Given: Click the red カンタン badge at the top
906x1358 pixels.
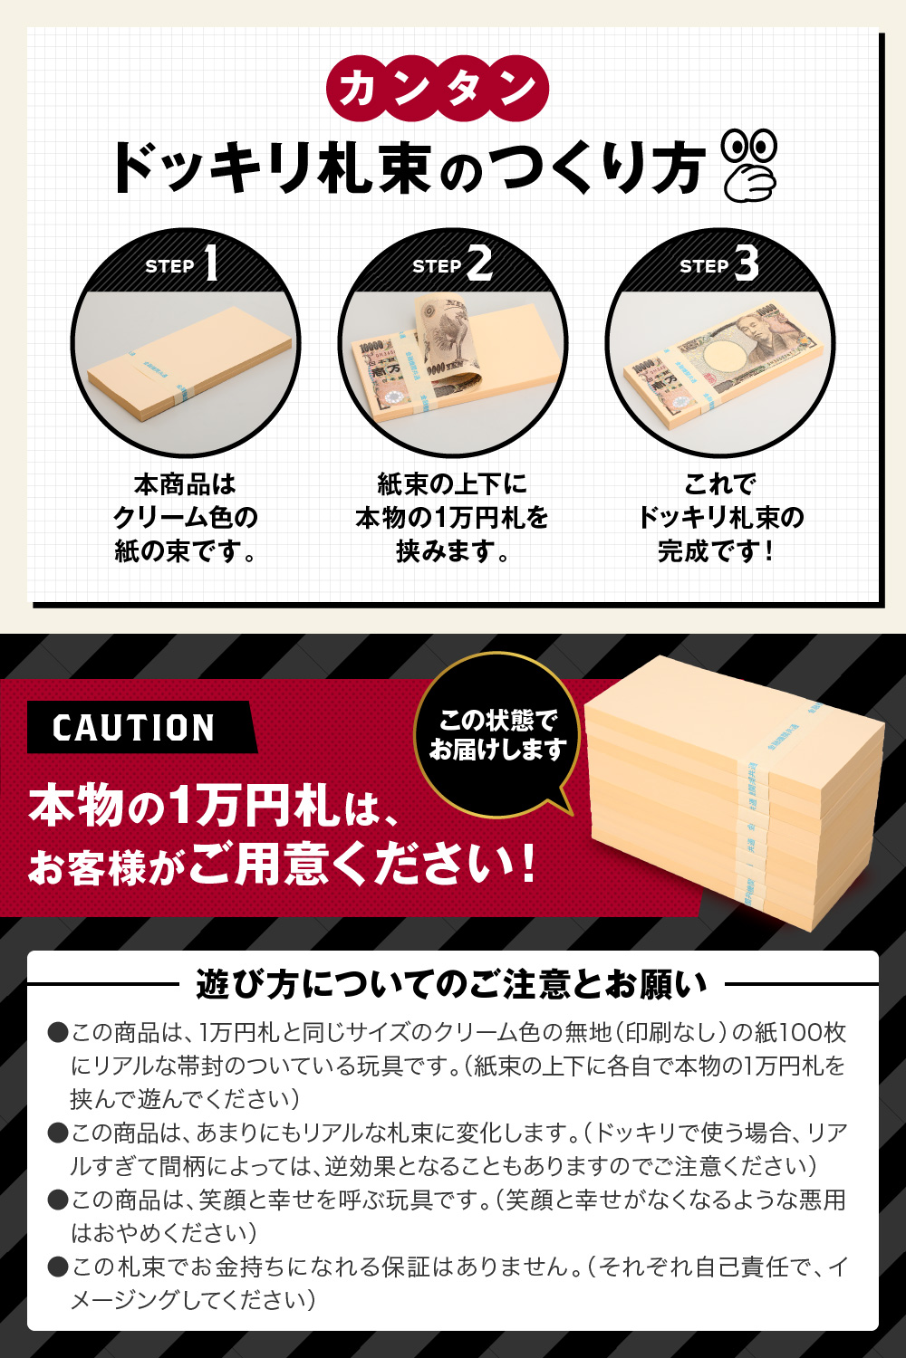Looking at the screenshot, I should [438, 89].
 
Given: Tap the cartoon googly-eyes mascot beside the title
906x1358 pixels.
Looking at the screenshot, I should [749, 164].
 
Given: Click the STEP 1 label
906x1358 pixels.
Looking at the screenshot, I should [182, 264].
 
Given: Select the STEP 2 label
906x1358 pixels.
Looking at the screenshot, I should [451, 264].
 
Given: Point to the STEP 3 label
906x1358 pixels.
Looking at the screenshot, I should [718, 264].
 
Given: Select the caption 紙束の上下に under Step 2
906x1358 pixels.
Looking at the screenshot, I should [451, 484].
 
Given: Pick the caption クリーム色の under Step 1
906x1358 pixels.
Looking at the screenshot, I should [186, 517].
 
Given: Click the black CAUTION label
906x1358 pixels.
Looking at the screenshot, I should [134, 728].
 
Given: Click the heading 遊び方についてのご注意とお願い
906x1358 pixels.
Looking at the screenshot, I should [451, 984].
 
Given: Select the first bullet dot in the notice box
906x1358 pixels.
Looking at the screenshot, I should [58, 1033].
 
